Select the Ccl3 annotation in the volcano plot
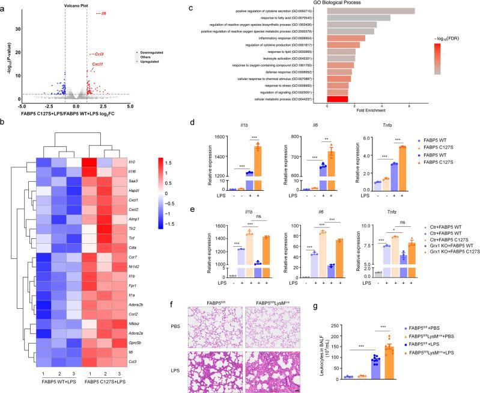(99, 54)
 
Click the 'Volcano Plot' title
(76, 5)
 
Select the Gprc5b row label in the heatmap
(134, 334)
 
